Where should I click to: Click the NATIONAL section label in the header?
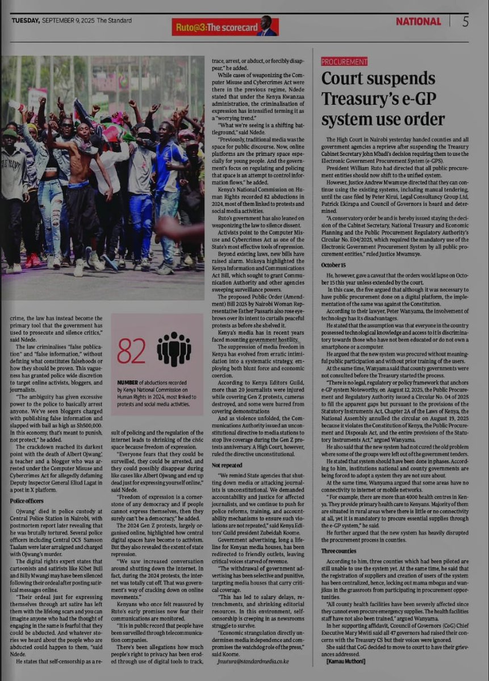tap(418, 22)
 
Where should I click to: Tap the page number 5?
tap(465, 22)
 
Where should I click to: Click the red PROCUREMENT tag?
tap(344, 61)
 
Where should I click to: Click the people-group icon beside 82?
tap(174, 348)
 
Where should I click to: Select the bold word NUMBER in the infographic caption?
tap(131, 384)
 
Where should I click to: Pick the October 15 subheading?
tap(333, 264)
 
